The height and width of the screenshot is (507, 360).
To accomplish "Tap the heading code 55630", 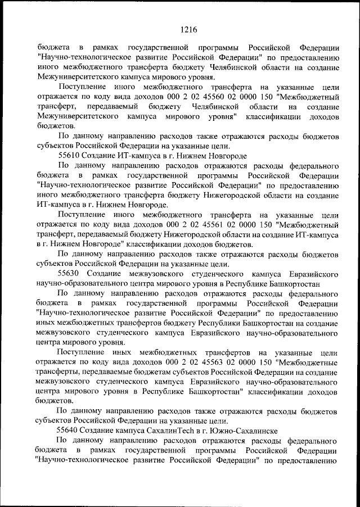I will click(69, 274).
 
